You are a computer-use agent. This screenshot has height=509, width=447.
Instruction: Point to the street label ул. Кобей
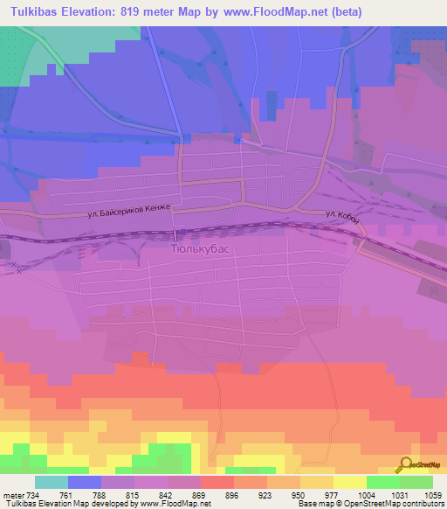pos(342,215)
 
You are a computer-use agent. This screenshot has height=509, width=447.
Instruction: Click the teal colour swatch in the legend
pos(52,482)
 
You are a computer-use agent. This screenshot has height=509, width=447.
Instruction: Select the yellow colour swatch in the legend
pos(349,482)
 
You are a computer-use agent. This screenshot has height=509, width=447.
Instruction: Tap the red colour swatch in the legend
pos(217,482)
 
